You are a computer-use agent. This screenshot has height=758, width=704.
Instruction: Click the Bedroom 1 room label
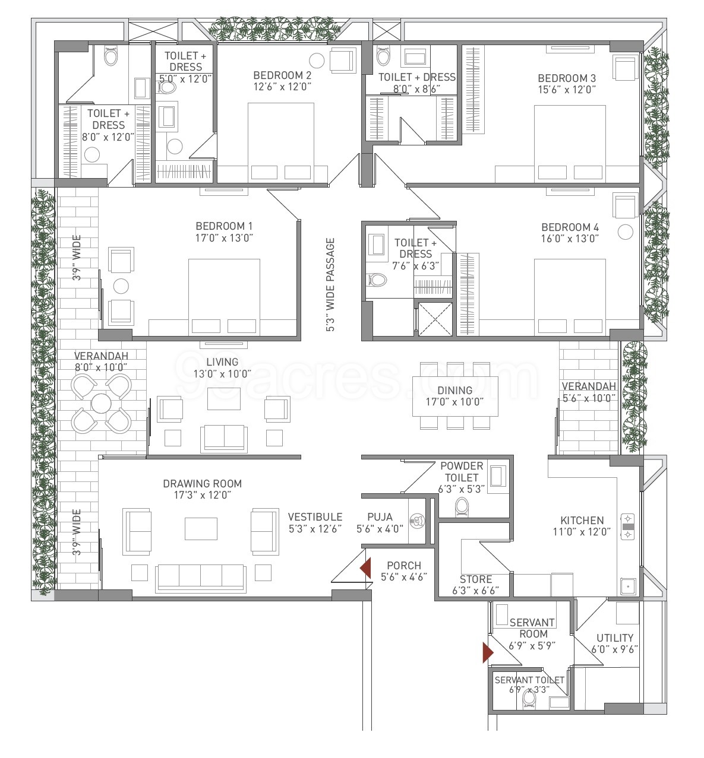click(x=224, y=226)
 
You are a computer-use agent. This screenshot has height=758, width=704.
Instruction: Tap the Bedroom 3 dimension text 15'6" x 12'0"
click(x=567, y=90)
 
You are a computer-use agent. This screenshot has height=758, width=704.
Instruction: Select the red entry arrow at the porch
click(x=365, y=568)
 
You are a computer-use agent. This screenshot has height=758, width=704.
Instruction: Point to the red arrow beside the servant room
click(x=488, y=653)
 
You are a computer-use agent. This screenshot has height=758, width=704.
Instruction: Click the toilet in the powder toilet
click(x=462, y=508)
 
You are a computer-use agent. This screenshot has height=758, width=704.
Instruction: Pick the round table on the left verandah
click(x=101, y=403)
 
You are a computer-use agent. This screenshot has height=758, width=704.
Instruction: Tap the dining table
click(x=455, y=396)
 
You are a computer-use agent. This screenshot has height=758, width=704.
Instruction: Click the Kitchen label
click(x=582, y=520)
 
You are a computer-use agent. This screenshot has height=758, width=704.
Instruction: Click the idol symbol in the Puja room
click(x=416, y=521)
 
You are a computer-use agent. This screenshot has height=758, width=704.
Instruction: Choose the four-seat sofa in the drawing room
click(x=200, y=578)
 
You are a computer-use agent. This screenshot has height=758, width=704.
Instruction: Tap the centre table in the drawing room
click(x=201, y=529)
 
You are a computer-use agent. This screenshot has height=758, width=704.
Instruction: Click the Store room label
click(x=476, y=579)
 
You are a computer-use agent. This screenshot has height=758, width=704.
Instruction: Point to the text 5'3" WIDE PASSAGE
click(x=330, y=284)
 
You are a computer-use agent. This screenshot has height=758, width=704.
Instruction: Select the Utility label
click(x=615, y=638)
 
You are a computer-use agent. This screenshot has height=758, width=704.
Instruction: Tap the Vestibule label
click(x=315, y=517)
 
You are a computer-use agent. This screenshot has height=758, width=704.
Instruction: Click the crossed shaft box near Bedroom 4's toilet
click(x=435, y=319)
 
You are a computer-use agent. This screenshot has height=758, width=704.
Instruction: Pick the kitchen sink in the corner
click(x=627, y=586)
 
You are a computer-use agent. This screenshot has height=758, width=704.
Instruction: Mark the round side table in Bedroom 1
click(x=121, y=286)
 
